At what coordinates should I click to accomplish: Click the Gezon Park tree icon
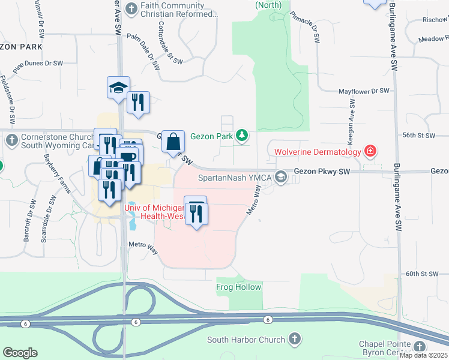[x=242, y=136]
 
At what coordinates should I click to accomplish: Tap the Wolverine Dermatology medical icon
[x=371, y=151]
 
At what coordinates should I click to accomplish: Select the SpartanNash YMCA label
[x=235, y=178]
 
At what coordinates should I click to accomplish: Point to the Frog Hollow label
[x=239, y=287]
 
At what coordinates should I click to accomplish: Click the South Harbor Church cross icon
[x=294, y=340]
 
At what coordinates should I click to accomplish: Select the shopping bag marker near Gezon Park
[x=173, y=142]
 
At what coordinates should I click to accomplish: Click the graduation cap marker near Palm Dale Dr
[x=118, y=88]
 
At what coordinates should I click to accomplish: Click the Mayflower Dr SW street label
[x=364, y=91]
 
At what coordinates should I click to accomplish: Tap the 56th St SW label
[x=418, y=136]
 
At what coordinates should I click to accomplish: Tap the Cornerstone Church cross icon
[x=11, y=140]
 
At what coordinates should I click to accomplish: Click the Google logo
[x=20, y=353]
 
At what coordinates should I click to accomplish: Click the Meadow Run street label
[x=433, y=39]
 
